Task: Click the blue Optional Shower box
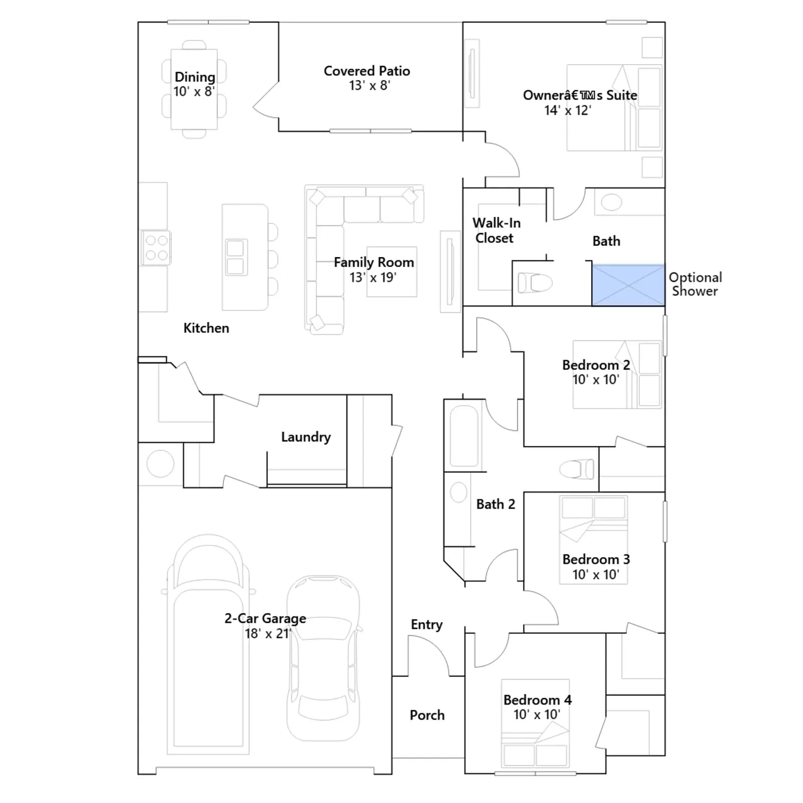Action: point(628,285)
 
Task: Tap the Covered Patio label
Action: point(367,71)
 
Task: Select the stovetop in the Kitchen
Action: point(156,248)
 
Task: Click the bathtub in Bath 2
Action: point(464,436)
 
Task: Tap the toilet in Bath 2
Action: point(577,469)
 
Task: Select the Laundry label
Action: point(306,437)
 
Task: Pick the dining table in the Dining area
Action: point(194,89)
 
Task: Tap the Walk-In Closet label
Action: point(496,230)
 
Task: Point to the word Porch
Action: point(427,715)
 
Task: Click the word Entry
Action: point(427,624)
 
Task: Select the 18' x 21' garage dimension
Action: point(267,633)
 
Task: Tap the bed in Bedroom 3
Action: point(593,540)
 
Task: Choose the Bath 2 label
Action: point(496,504)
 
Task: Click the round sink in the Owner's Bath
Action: point(611,202)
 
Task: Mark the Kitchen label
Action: point(206,328)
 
